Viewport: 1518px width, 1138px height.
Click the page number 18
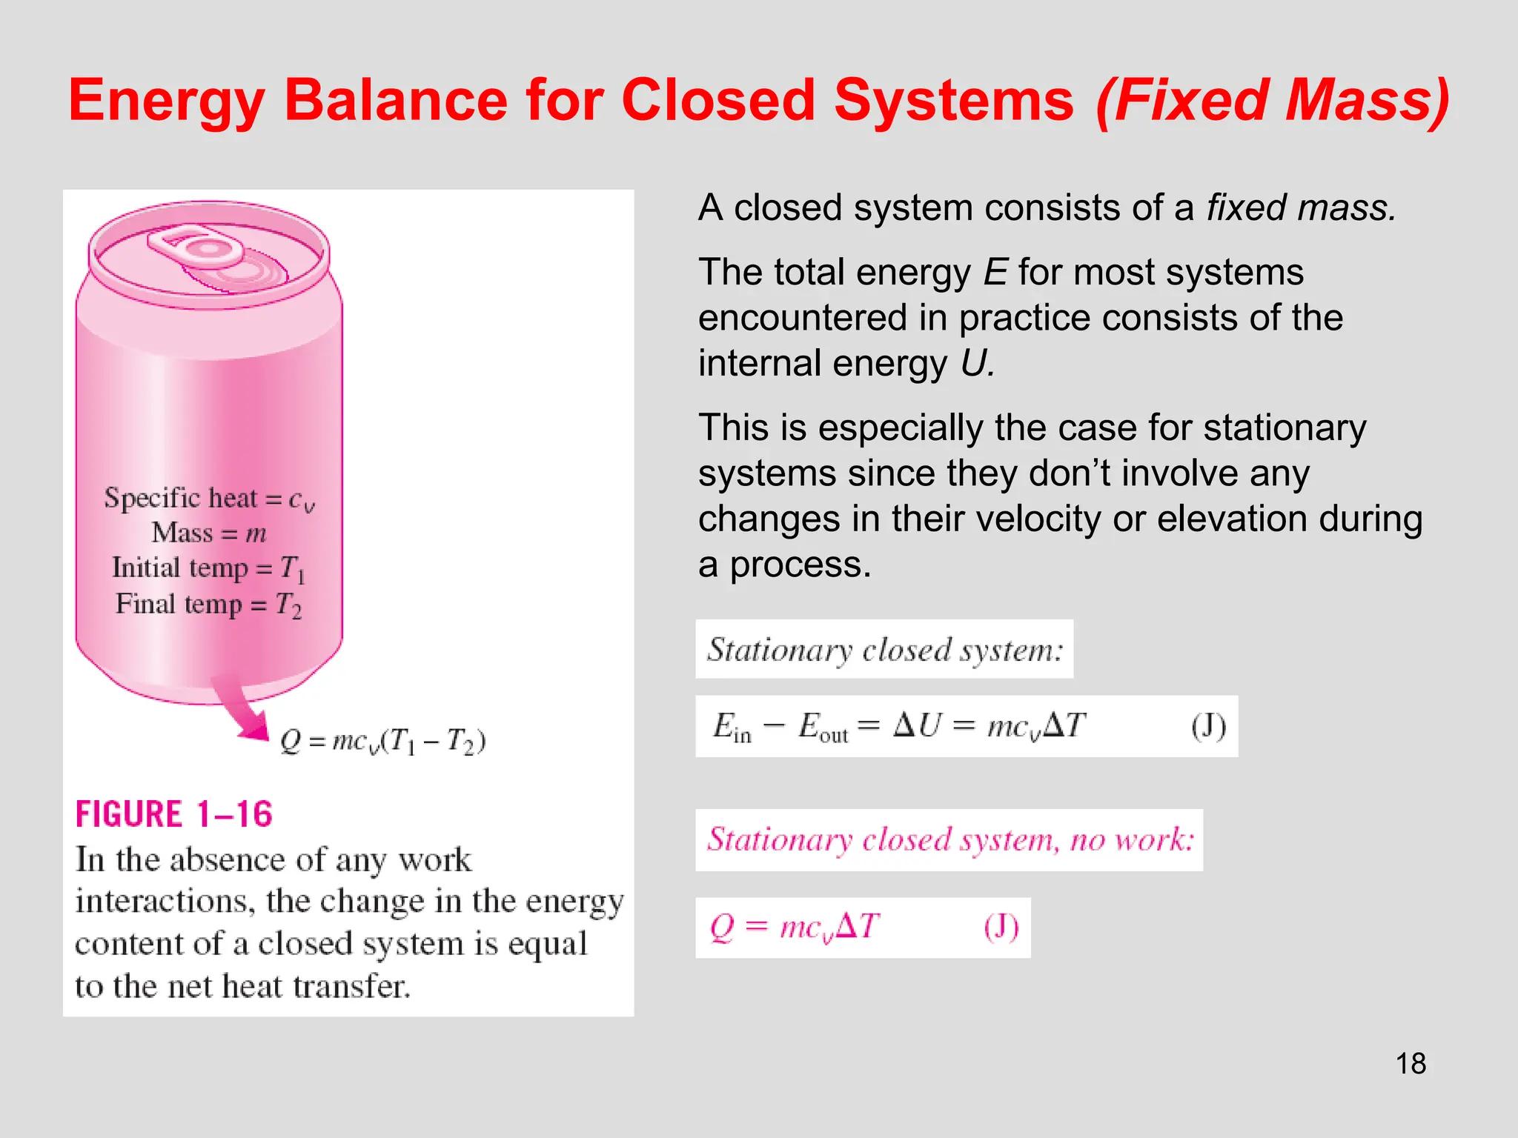click(x=1411, y=1064)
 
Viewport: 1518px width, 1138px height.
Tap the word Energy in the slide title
click(x=166, y=101)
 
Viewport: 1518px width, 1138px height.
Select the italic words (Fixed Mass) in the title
click(x=1272, y=101)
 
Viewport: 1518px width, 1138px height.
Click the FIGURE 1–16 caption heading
click(x=174, y=814)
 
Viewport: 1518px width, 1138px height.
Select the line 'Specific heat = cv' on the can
click(x=209, y=499)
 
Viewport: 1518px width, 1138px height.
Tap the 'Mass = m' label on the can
click(x=209, y=533)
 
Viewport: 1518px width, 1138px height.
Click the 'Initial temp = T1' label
click(x=209, y=569)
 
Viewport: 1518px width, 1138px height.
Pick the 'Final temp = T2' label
click(x=209, y=605)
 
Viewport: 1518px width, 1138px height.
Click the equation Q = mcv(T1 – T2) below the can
click(x=382, y=741)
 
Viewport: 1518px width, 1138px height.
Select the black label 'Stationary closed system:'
click(x=884, y=650)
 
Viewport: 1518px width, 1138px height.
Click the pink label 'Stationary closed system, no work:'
click(x=949, y=840)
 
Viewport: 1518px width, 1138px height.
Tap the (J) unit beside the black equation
click(x=1208, y=726)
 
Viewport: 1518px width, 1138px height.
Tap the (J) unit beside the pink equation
click(x=1001, y=928)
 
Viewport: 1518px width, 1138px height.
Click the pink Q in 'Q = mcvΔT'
click(x=722, y=928)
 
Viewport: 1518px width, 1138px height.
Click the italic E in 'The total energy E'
click(x=995, y=273)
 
